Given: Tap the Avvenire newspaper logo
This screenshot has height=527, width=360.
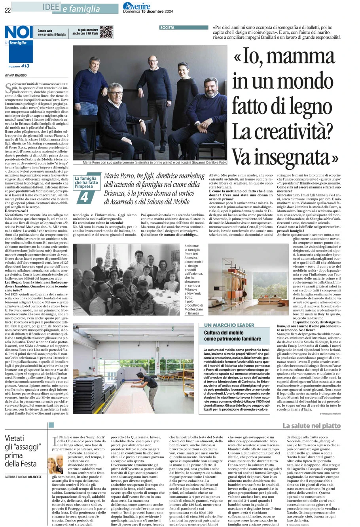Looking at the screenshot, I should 136,6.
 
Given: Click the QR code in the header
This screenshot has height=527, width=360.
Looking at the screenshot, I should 106,32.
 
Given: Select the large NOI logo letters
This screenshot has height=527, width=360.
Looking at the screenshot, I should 19,32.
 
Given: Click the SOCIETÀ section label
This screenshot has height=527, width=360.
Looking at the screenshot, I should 167,28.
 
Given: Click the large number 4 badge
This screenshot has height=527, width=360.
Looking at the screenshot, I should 84,197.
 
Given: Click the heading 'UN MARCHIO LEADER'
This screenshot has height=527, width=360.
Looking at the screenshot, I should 229,325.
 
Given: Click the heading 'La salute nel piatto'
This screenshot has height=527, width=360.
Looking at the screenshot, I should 311,426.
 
